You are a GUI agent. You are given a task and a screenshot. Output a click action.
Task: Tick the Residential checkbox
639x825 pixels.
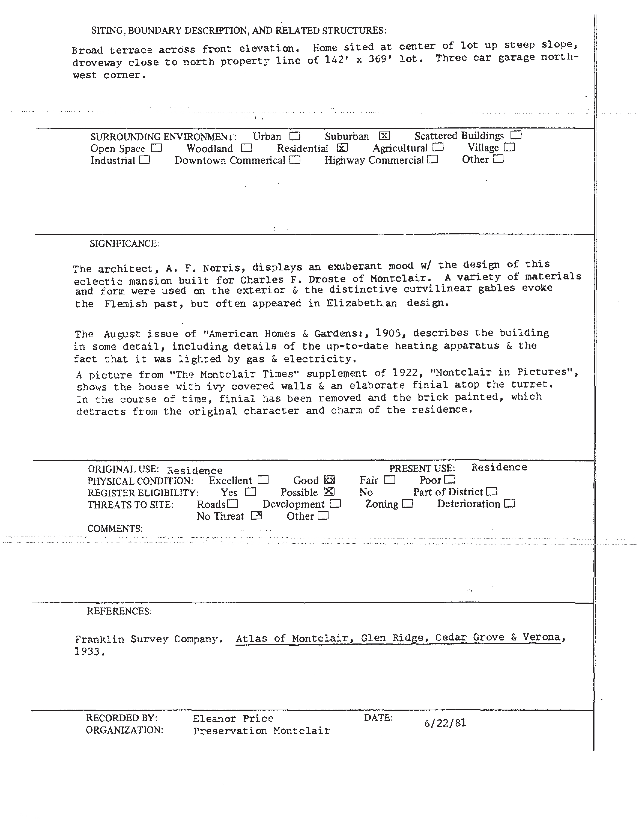pyautogui.click(x=342, y=148)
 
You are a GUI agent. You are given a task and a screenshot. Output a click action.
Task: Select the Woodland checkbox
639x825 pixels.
pyautogui.click(x=246, y=148)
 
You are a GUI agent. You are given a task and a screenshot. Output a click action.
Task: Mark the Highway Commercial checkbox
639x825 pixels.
pyautogui.click(x=433, y=160)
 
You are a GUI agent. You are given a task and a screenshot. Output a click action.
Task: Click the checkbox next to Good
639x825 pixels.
pyautogui.click(x=329, y=480)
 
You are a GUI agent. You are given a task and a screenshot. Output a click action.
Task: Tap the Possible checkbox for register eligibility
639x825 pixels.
pyautogui.click(x=329, y=492)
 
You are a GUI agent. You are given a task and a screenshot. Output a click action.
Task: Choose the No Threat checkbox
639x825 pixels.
pyautogui.click(x=257, y=516)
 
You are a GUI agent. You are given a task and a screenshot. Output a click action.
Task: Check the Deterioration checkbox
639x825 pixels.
pyautogui.click(x=510, y=503)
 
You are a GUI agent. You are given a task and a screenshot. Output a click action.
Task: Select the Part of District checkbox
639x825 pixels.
pyautogui.click(x=492, y=492)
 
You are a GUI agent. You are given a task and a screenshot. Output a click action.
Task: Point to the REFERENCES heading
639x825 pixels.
pyautogui.click(x=119, y=611)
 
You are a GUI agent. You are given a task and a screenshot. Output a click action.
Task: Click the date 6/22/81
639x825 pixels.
pyautogui.click(x=445, y=723)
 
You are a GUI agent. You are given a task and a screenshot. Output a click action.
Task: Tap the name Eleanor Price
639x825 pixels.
pyautogui.click(x=233, y=718)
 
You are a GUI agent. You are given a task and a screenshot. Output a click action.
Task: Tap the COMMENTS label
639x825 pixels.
pyautogui.click(x=115, y=528)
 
